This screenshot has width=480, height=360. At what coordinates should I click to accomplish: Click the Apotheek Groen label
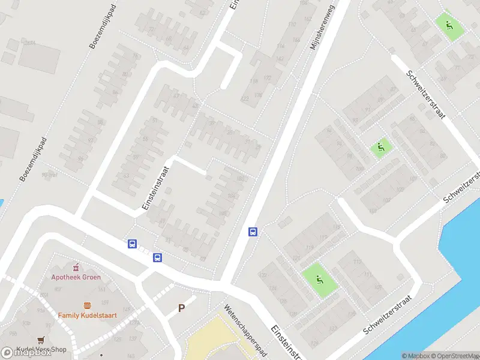(x=76, y=277)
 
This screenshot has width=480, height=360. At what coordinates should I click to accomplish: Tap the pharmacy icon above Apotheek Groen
(x=76, y=267)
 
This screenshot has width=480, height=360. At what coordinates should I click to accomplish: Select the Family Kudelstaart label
(x=87, y=314)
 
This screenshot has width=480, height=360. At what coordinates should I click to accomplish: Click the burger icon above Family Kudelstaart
(x=88, y=305)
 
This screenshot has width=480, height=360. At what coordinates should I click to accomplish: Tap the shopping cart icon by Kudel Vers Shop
(x=41, y=340)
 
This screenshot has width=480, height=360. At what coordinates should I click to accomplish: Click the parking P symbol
(x=181, y=308)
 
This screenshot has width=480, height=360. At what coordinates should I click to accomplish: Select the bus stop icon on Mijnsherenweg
(x=253, y=232)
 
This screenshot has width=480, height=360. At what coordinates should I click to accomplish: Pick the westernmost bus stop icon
(x=132, y=244)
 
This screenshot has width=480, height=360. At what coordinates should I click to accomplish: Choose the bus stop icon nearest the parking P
(x=157, y=257)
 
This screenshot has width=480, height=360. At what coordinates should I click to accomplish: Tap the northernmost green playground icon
(x=449, y=26)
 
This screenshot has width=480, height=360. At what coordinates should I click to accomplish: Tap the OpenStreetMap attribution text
(x=454, y=356)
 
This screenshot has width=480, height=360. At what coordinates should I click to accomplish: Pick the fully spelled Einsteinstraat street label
(x=157, y=188)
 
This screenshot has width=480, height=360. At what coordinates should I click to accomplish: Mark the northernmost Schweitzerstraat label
(x=426, y=94)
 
